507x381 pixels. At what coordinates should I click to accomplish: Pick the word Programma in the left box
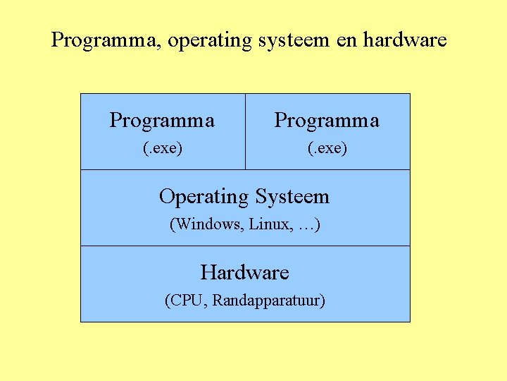pos(162,121)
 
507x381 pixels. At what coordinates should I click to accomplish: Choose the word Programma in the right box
pos(327,121)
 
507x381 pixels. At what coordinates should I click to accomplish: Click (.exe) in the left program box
pos(163,149)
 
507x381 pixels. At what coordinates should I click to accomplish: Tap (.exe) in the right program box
pos(327,149)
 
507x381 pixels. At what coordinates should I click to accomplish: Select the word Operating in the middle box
pos(204,197)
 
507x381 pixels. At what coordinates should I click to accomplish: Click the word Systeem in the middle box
pos(292,197)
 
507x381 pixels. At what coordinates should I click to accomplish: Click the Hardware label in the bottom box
pos(244,272)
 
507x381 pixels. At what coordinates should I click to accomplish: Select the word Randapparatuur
pos(268,301)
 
